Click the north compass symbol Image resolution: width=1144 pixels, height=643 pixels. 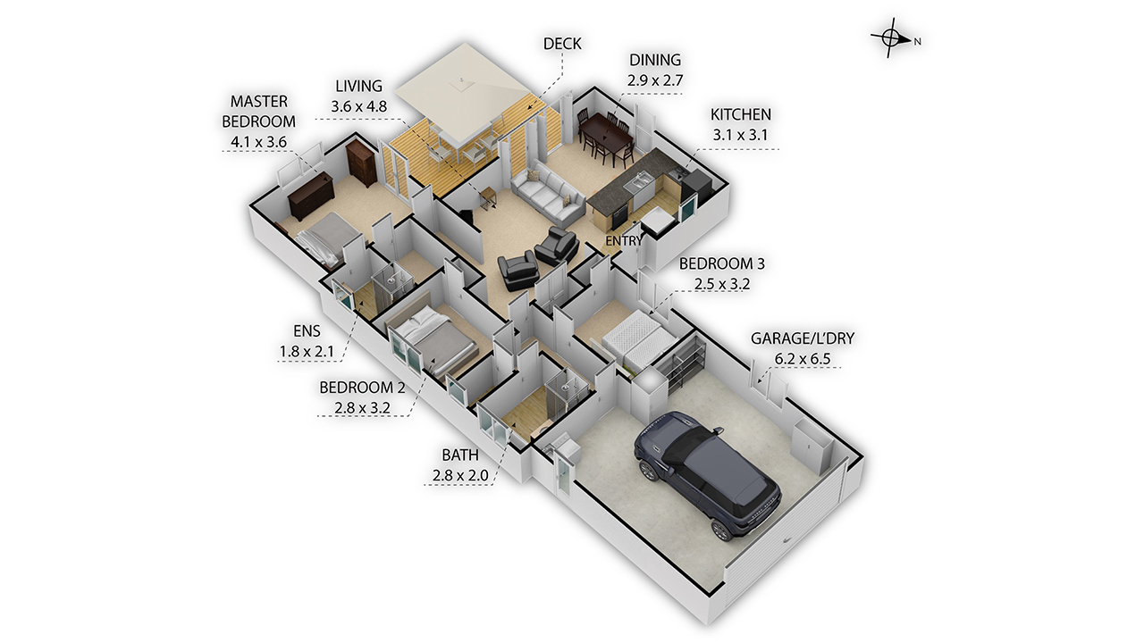(x=890, y=38)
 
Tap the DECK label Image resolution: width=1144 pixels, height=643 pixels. (x=562, y=43)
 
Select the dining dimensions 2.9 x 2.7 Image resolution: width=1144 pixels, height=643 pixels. (x=655, y=79)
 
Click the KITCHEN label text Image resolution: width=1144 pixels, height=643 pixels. (x=740, y=115)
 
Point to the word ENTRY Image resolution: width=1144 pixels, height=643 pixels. (x=624, y=242)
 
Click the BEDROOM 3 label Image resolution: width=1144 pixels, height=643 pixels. (x=721, y=264)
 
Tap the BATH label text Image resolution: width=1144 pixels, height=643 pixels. (x=459, y=455)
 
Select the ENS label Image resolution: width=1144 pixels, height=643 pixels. (x=306, y=331)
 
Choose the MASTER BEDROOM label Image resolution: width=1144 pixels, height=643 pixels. (x=258, y=111)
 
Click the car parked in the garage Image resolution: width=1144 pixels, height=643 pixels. (x=707, y=472)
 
